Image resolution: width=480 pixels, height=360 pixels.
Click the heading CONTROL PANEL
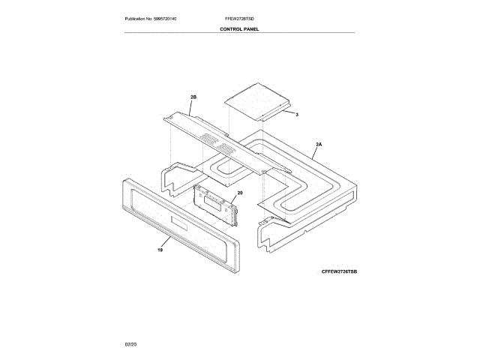pyautogui.click(x=239, y=28)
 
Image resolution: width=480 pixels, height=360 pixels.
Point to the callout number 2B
pyautogui.click(x=193, y=98)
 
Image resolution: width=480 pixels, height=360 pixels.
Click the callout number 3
pyautogui.click(x=298, y=114)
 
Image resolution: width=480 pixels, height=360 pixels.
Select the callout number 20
pyautogui.click(x=240, y=193)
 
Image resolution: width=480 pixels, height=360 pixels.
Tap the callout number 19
pyautogui.click(x=159, y=250)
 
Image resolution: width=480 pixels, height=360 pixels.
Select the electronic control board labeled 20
pyautogui.click(x=217, y=205)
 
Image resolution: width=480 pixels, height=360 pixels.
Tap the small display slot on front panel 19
pyautogui.click(x=180, y=223)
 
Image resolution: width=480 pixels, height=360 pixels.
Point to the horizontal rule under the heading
pyautogui.click(x=239, y=34)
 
